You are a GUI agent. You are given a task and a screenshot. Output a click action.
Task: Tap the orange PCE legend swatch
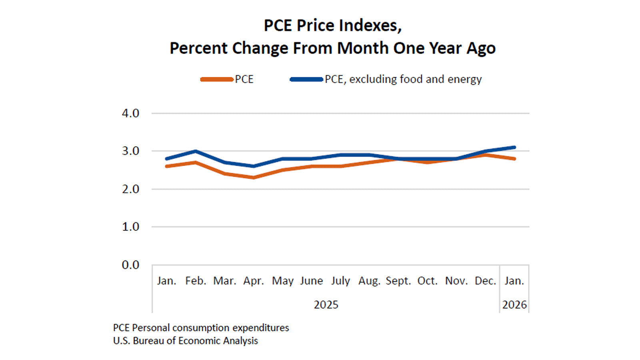217,79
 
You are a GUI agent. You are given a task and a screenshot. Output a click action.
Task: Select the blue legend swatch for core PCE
306,79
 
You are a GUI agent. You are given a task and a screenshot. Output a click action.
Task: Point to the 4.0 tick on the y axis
130,113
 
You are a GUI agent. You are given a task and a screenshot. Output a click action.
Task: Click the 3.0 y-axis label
130,151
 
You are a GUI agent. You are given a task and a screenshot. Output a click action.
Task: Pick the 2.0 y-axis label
130,189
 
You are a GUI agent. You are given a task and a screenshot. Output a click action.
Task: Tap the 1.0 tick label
130,227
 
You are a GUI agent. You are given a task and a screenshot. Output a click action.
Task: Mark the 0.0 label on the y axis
130,265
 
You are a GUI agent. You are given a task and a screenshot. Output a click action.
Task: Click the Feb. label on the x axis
196,281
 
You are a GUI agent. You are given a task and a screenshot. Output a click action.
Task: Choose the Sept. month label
398,281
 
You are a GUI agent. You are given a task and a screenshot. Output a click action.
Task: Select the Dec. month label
485,281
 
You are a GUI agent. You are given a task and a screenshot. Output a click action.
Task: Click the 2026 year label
514,305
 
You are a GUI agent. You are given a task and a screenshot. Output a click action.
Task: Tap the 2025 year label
326,305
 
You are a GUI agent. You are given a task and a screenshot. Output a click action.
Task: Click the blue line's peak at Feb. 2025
196,151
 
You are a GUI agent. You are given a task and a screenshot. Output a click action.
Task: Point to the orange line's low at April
254,178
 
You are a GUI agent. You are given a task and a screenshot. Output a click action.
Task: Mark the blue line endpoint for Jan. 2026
514,147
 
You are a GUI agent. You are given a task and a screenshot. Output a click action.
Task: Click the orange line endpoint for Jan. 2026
514,159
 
